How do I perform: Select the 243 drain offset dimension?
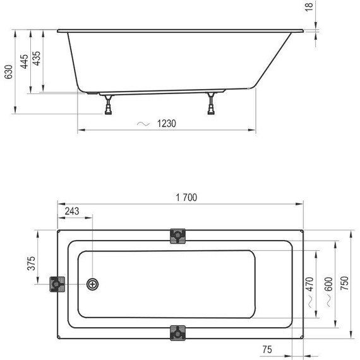72,211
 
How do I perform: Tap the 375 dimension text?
30,264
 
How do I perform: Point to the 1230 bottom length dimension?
167,124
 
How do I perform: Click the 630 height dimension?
9,73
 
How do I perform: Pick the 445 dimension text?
25,63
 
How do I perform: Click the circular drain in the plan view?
93,284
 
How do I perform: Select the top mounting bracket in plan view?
179,236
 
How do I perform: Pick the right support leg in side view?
211,104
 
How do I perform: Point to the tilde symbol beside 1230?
143,124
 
